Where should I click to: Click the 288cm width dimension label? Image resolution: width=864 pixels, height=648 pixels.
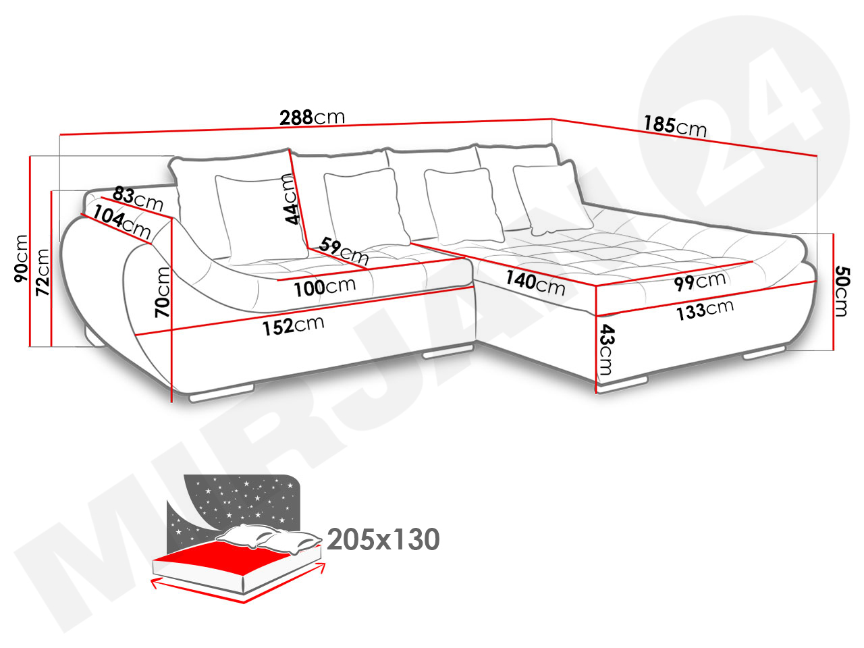(x=312, y=117)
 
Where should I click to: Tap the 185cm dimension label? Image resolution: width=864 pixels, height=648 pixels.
(x=675, y=126)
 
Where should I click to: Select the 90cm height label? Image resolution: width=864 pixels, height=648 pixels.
(x=21, y=259)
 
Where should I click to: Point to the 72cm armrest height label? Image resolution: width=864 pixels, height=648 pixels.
(x=43, y=272)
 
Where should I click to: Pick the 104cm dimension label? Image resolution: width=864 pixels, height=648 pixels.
(x=122, y=222)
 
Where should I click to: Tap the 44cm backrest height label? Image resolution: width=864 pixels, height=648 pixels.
(x=292, y=199)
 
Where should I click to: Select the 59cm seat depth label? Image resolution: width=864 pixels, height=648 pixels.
(x=344, y=251)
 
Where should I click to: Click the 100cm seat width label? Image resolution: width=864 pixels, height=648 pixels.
(x=325, y=288)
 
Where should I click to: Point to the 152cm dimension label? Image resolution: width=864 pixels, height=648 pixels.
(x=293, y=326)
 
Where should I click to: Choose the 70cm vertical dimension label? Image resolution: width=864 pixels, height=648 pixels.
(x=162, y=292)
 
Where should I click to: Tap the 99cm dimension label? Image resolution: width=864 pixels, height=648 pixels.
(x=700, y=281)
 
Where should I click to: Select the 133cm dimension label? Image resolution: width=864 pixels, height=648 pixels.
(x=705, y=310)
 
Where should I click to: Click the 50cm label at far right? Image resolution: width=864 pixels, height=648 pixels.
(x=843, y=291)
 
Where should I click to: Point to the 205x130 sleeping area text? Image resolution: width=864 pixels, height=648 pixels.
(x=383, y=539)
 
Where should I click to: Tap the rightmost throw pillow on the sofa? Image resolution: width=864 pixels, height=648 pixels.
(x=552, y=198)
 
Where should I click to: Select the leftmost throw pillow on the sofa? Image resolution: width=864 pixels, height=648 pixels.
(x=261, y=219)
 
